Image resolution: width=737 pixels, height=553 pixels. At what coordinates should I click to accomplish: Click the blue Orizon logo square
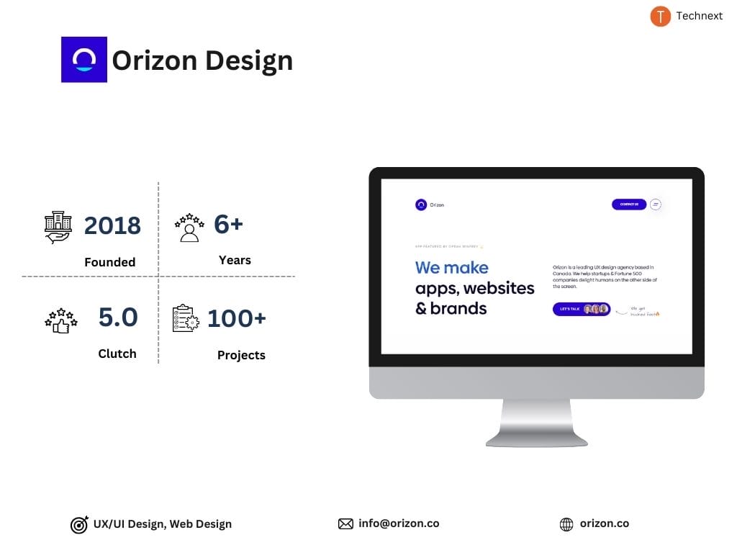[84, 60]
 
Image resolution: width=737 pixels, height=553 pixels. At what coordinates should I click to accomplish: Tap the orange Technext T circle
[660, 16]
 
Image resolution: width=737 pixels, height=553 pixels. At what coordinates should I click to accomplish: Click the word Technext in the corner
[699, 16]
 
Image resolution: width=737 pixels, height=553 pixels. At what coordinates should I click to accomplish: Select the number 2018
[112, 225]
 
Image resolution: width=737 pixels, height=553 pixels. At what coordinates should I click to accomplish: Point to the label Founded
[109, 262]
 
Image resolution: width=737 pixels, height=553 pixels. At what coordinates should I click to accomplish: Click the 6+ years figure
[229, 224]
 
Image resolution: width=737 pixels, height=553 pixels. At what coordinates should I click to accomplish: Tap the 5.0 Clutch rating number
[118, 317]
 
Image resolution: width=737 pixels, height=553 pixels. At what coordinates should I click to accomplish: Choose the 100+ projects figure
[237, 318]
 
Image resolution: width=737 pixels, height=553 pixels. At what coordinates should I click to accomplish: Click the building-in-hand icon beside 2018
[58, 228]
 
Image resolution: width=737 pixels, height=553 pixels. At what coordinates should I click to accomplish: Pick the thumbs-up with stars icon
[60, 320]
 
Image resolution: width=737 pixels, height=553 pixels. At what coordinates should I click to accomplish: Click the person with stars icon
[189, 227]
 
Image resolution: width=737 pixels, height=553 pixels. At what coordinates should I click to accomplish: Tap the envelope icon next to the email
[345, 524]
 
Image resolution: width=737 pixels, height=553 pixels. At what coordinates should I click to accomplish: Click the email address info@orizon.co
[399, 523]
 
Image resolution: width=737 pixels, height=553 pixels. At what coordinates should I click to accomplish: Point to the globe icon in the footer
[566, 524]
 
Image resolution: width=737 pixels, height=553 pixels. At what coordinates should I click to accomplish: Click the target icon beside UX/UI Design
[79, 525]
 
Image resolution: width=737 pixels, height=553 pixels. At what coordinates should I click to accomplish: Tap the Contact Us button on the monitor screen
[629, 204]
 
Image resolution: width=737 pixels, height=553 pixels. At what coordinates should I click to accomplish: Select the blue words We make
[451, 268]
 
